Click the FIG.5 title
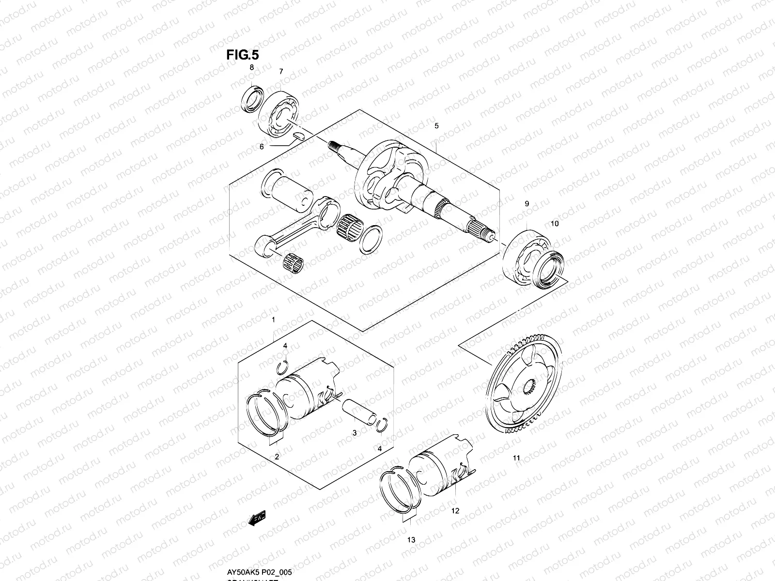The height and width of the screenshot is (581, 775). pyautogui.click(x=243, y=55)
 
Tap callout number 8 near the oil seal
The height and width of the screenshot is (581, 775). pyautogui.click(x=251, y=68)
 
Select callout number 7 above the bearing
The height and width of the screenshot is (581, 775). pyautogui.click(x=280, y=72)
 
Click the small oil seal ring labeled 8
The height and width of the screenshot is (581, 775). pyautogui.click(x=252, y=99)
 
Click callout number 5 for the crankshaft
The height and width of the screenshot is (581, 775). pyautogui.click(x=436, y=126)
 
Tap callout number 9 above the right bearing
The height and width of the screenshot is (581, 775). pyautogui.click(x=527, y=204)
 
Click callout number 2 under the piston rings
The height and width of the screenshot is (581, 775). pyautogui.click(x=277, y=457)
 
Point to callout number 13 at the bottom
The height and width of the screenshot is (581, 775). pyautogui.click(x=411, y=540)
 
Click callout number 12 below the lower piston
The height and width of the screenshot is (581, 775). pyautogui.click(x=455, y=511)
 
